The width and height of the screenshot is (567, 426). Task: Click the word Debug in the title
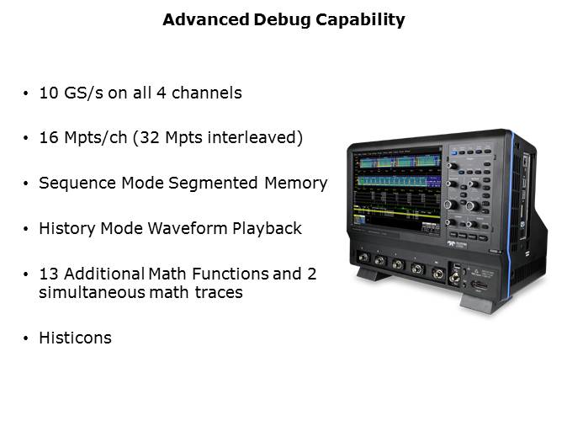pos(282,20)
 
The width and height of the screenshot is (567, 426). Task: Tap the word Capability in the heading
pos(360,20)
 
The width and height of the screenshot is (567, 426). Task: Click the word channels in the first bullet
pos(206,93)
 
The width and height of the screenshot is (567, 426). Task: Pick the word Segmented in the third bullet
pos(213,183)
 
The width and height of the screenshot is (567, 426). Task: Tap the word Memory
pos(296,184)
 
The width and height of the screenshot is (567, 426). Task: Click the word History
pos(67,229)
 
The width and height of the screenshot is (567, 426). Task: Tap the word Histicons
pos(75,338)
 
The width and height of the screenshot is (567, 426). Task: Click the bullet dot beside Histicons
pos(25,338)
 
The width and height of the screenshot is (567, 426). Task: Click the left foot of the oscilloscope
pos(373,274)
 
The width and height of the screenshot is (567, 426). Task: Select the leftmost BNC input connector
pos(363,258)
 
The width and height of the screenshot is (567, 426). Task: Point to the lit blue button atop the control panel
pos(454,153)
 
